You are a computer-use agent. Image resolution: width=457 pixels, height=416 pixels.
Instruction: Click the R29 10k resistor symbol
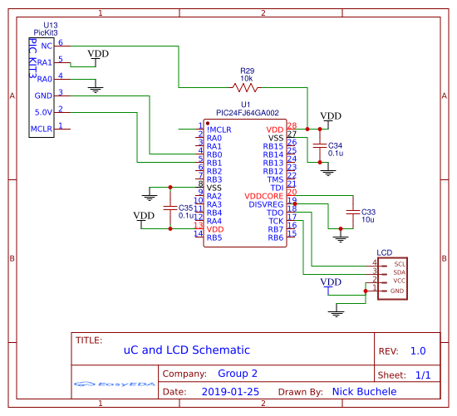[246, 86]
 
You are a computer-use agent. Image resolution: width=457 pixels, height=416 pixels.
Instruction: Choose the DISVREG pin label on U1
[267, 204]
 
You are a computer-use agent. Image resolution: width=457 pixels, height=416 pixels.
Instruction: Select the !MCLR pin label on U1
[219, 130]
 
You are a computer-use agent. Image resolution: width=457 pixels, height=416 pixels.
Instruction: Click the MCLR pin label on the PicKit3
[42, 129]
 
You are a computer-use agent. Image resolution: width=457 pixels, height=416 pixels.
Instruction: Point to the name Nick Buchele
[364, 391]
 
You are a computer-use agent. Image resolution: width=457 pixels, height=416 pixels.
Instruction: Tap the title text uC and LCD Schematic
[174, 351]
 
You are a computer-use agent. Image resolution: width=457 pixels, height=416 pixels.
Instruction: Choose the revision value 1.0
[417, 351]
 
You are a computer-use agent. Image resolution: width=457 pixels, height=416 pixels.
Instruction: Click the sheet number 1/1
[422, 375]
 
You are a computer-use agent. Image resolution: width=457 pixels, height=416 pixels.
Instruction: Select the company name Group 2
[237, 374]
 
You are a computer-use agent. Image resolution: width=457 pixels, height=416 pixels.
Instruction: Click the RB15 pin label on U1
[273, 146]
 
